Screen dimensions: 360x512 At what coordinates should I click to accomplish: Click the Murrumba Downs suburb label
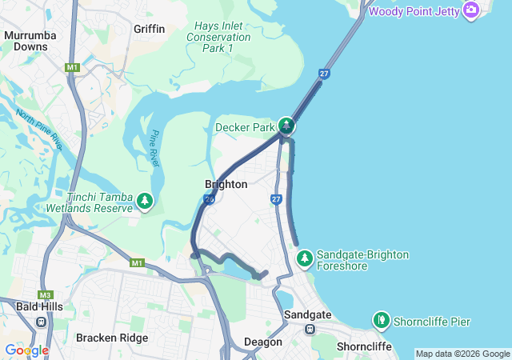point(26,41)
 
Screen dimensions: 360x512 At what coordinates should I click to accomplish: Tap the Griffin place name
point(150,29)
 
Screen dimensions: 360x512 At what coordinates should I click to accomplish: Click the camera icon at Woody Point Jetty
point(470,10)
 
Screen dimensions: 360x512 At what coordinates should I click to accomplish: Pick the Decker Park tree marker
point(286,126)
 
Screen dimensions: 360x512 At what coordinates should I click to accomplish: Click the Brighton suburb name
point(226,184)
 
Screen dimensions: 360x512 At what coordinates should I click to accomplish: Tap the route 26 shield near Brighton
point(209,199)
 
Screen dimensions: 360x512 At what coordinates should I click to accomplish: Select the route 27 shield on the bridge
point(324,74)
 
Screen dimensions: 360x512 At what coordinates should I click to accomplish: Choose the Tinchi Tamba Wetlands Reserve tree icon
point(145,200)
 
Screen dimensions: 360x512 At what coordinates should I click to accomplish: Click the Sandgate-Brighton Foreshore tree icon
point(304,258)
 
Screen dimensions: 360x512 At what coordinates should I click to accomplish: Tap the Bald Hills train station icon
point(41,322)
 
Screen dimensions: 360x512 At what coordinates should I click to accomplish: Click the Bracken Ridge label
point(112,338)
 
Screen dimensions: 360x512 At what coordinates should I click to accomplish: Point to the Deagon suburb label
point(263,342)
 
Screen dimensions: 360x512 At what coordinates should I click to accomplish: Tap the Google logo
point(26,350)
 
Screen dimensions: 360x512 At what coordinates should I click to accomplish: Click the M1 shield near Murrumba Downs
point(73,68)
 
